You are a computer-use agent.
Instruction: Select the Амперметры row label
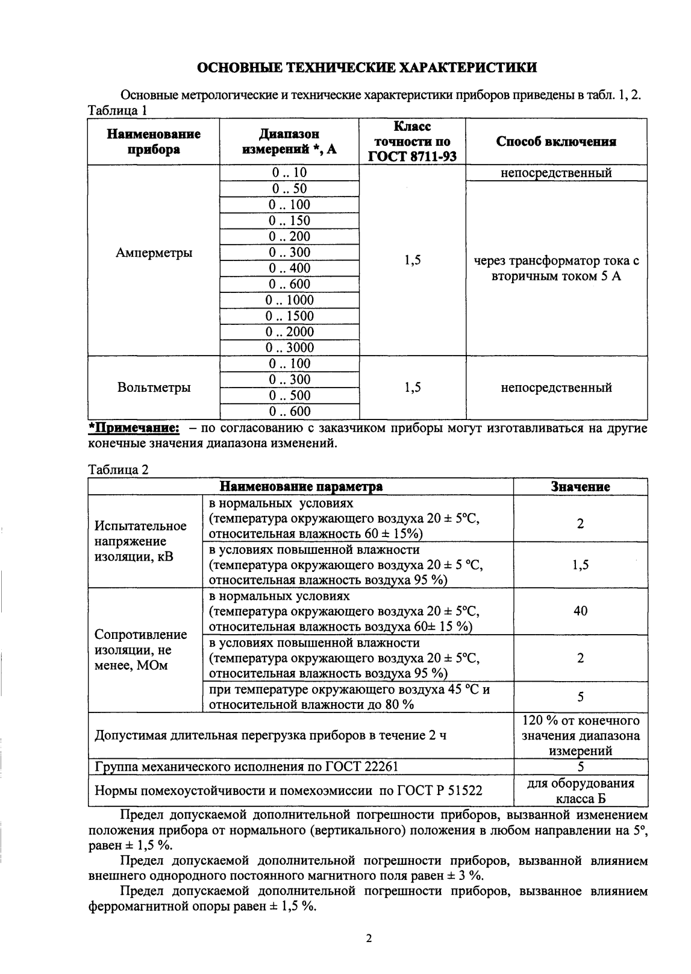(154, 253)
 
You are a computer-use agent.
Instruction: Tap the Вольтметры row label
(154, 388)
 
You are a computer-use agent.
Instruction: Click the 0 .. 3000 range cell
(290, 348)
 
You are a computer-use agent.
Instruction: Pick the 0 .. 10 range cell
(290, 173)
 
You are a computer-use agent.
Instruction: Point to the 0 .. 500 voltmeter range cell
(290, 395)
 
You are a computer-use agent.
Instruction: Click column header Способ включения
(556, 142)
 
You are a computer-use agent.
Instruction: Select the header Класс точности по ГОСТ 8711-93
(412, 142)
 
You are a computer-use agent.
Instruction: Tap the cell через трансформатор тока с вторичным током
(556, 269)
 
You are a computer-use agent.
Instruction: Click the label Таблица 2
(118, 470)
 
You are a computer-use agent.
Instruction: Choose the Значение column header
(580, 487)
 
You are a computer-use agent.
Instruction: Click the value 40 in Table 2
(580, 611)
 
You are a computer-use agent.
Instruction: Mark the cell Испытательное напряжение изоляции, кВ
(141, 541)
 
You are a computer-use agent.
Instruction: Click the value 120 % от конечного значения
(580, 735)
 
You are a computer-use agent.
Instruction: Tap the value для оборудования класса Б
(580, 791)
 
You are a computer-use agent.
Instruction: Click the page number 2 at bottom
(369, 938)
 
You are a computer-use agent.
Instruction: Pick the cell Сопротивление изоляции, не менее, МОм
(141, 650)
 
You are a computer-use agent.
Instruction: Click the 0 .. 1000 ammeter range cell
(290, 300)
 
